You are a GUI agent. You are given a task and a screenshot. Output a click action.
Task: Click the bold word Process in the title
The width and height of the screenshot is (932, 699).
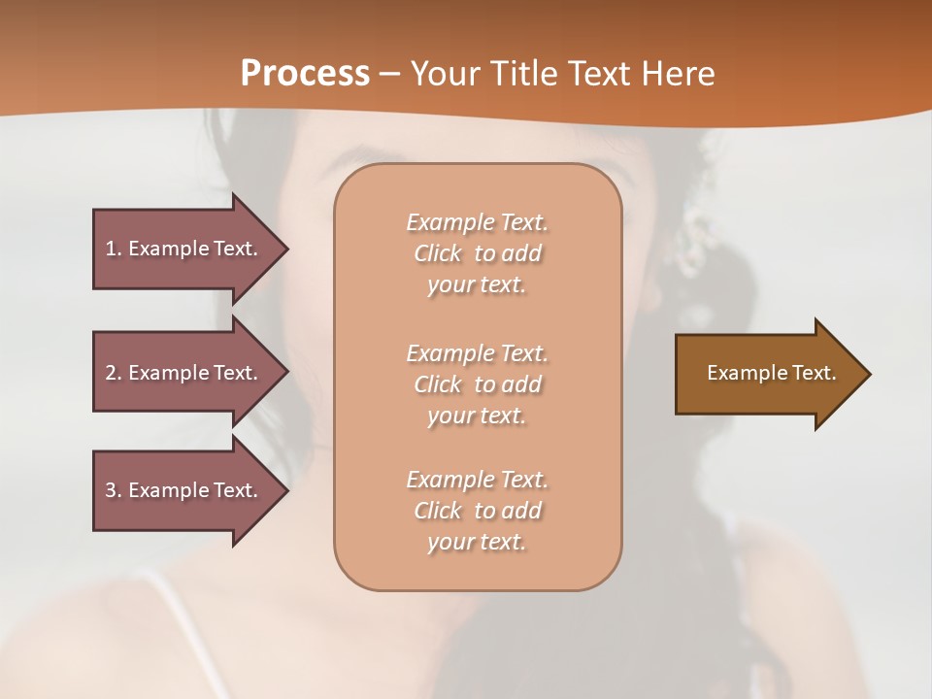point(305,73)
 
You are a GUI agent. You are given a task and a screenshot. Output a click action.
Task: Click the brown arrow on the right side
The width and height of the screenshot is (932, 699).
point(767,373)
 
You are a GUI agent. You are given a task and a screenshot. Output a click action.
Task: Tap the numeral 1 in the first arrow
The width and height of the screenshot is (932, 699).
point(111,249)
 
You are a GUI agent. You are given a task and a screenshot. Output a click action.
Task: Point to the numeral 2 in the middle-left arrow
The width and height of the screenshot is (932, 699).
point(111,373)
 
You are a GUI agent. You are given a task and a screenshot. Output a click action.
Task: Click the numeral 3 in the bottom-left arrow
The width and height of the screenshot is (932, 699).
point(111,490)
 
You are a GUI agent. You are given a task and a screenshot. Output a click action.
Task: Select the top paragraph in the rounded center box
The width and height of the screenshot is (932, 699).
point(477,253)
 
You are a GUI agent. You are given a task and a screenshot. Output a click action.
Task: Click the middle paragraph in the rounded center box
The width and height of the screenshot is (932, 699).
point(477,384)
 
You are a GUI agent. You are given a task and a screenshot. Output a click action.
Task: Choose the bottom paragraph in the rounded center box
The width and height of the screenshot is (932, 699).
point(477,511)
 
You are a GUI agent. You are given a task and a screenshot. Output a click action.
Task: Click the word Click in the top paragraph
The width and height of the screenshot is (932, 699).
point(438,253)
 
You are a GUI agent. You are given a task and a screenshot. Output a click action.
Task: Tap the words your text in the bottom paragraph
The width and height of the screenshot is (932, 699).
point(477,542)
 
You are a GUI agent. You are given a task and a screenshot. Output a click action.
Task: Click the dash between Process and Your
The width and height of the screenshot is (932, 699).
point(390,74)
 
